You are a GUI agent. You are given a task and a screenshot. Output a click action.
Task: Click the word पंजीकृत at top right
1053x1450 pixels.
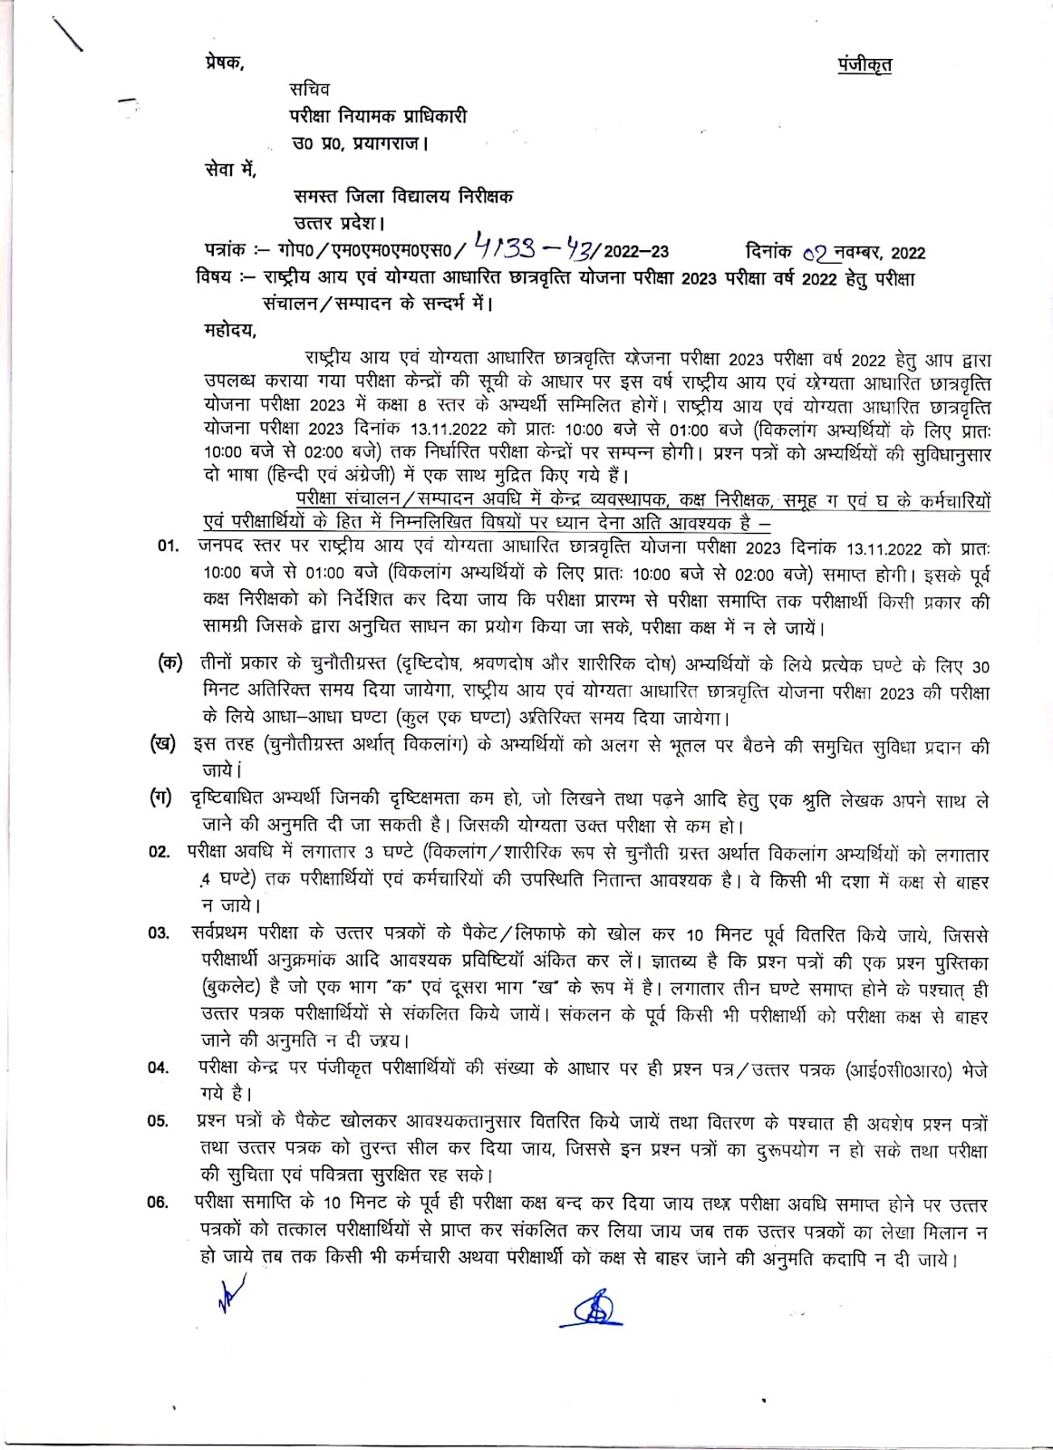click(864, 64)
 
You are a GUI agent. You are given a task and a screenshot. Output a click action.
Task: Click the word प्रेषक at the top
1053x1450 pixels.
click(224, 63)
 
